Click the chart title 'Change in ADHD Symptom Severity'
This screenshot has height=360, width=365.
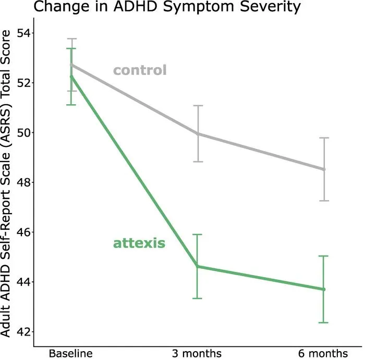(x=167, y=6)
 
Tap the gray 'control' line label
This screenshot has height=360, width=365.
(x=140, y=70)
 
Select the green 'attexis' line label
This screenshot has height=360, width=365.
(x=139, y=243)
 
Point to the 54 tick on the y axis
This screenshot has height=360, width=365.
(x=24, y=33)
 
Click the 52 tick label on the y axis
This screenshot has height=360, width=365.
(x=24, y=83)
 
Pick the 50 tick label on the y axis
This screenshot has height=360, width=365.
(x=24, y=132)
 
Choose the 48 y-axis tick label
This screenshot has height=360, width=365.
(x=24, y=182)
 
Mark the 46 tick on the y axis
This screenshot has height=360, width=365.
(x=24, y=232)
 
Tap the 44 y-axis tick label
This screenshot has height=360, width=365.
(x=24, y=282)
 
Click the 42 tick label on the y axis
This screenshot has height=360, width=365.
(x=24, y=332)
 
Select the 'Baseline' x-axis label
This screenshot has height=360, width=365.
(x=71, y=354)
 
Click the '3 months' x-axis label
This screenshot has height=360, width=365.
(x=197, y=354)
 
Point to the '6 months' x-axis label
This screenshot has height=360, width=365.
(x=323, y=354)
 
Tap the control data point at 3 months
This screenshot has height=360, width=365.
(x=198, y=134)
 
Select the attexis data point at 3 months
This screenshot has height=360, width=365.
(x=197, y=266)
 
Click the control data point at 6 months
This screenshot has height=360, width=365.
(x=324, y=169)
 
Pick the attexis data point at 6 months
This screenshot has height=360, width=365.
(x=323, y=289)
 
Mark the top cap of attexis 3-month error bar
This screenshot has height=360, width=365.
(x=197, y=234)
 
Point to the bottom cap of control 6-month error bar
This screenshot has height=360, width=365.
(x=324, y=201)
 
